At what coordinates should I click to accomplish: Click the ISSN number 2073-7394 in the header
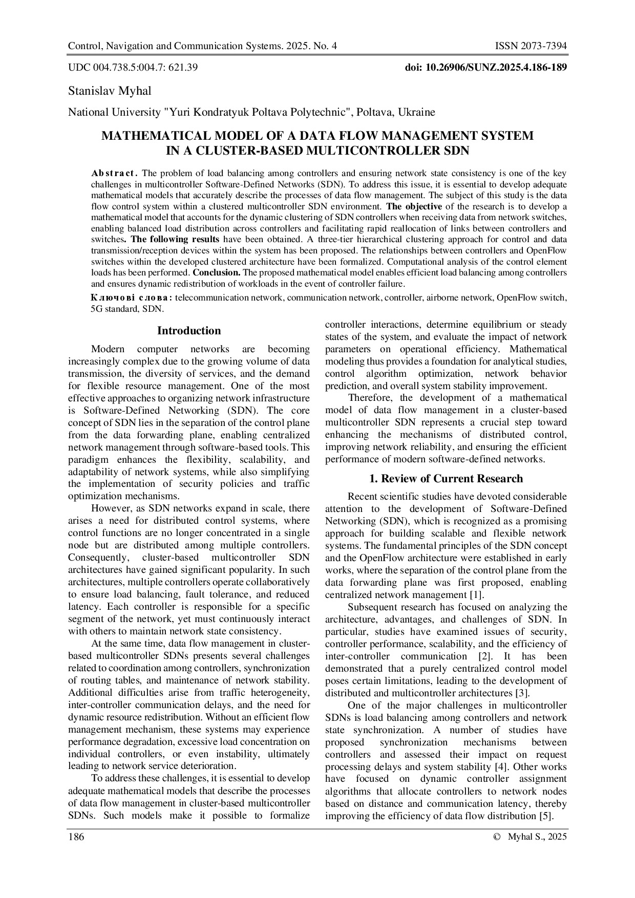click(x=530, y=47)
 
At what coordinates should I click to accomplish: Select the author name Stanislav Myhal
click(x=110, y=91)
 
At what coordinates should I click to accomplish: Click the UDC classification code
click(x=133, y=67)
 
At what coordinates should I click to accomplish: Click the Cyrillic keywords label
click(x=132, y=297)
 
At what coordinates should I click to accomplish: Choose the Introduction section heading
click(x=189, y=331)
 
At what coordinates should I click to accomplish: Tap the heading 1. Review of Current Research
click(x=446, y=479)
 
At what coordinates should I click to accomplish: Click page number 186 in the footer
click(x=76, y=837)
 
